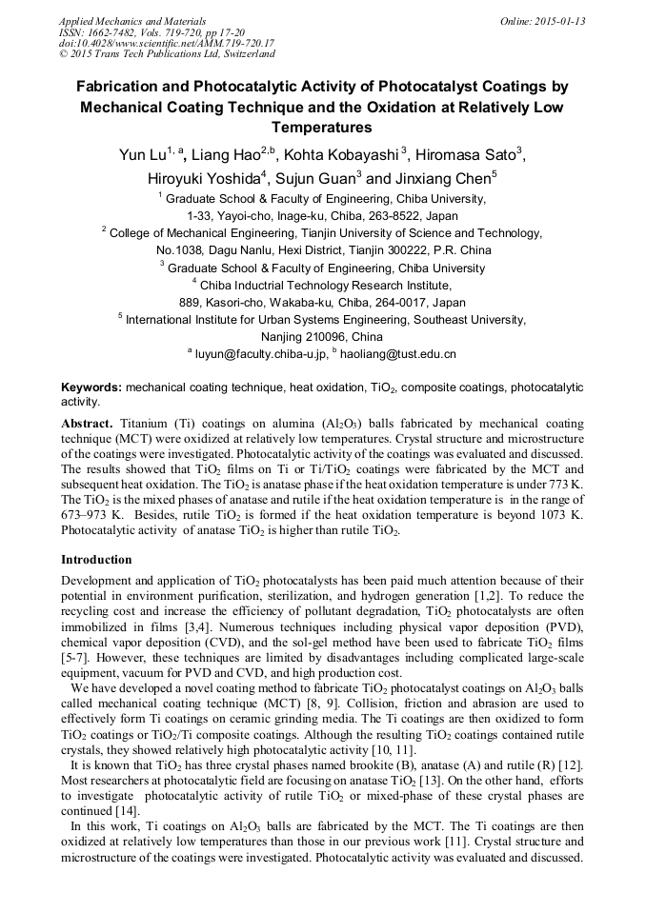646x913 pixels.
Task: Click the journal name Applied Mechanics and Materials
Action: pyautogui.click(x=121, y=21)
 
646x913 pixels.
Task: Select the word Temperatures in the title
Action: pyautogui.click(x=322, y=127)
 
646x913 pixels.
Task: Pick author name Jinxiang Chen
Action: pyautogui.click(x=436, y=178)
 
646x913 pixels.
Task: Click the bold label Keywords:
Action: pyautogui.click(x=91, y=388)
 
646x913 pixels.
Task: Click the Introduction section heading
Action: pyautogui.click(x=96, y=560)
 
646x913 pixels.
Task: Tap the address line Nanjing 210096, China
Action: pyautogui.click(x=322, y=337)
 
